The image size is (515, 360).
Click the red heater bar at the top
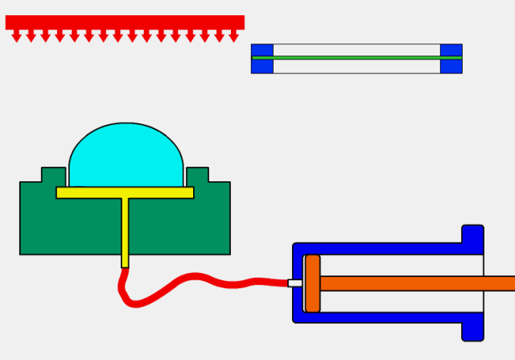tap(125, 22)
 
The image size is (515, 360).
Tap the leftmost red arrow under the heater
tap(17, 36)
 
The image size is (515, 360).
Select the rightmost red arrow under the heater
tap(233, 36)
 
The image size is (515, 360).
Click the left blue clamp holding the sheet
tap(262, 59)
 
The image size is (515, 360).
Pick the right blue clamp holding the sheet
tap(451, 59)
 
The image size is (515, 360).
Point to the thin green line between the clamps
tap(356, 57)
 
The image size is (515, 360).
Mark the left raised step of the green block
tap(53, 175)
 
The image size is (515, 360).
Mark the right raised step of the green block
tap(197, 175)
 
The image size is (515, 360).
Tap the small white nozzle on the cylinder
tap(295, 283)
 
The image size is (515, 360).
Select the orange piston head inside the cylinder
tap(312, 283)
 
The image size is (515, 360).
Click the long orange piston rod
tap(418, 283)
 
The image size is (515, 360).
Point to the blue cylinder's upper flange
tap(472, 236)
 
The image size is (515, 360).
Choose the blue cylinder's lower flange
tap(472, 329)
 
